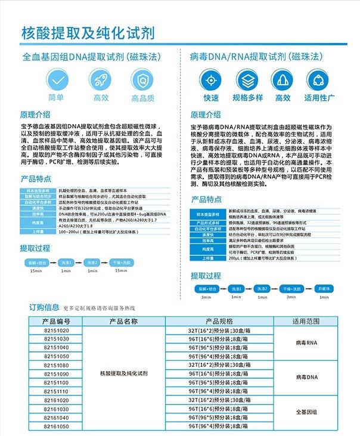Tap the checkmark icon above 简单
(x=56, y=80)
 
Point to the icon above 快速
(x=211, y=81)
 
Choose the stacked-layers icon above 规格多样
(x=247, y=81)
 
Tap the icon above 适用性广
(x=320, y=81)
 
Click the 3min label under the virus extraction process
(x=207, y=296)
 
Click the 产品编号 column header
(x=56, y=321)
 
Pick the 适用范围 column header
(x=306, y=321)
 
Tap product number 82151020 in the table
(x=56, y=330)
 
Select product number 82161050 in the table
(x=56, y=427)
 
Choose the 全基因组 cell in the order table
(x=306, y=412)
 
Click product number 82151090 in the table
(x=56, y=373)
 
